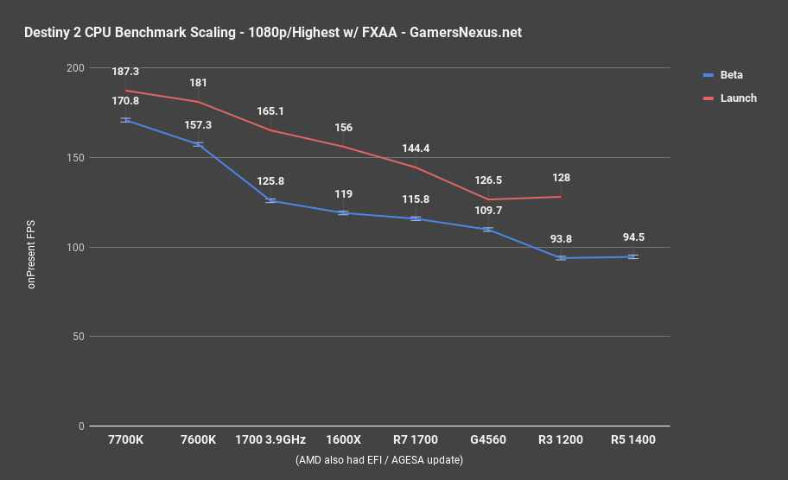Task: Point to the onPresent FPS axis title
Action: point(32,247)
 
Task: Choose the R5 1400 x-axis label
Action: point(632,440)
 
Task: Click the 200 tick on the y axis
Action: point(75,68)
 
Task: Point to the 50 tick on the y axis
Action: point(78,337)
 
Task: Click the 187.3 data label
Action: point(126,75)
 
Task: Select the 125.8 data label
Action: point(270,182)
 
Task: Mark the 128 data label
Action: point(561,178)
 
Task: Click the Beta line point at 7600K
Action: point(198,144)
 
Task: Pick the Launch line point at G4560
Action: point(488,199)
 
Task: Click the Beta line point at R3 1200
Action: point(561,258)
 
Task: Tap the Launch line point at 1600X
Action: point(343,147)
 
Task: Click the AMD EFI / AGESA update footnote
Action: point(378,460)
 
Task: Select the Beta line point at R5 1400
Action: point(633,256)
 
